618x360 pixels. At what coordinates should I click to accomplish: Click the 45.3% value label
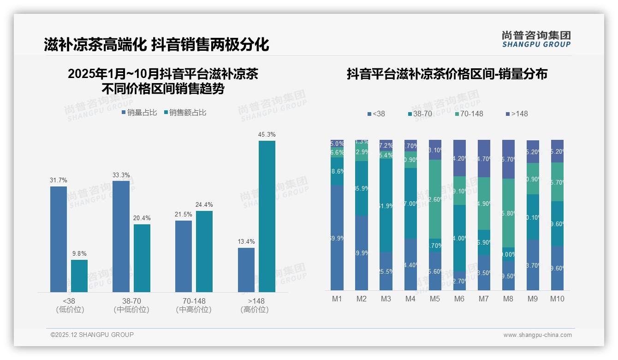click(267, 135)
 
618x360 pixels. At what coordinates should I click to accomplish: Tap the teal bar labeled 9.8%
click(79, 276)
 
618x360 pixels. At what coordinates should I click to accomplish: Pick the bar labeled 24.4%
click(204, 251)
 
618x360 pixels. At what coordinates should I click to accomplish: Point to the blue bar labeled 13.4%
click(246, 270)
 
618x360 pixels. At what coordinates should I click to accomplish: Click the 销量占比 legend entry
click(139, 113)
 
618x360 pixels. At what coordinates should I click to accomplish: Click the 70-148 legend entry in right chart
click(469, 114)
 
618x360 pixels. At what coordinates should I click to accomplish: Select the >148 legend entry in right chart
click(517, 114)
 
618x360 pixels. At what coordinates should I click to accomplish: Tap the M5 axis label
click(434, 299)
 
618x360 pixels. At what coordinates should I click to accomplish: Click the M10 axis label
click(557, 299)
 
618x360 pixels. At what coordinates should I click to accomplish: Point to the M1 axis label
click(337, 299)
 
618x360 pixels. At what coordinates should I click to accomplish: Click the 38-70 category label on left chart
click(131, 301)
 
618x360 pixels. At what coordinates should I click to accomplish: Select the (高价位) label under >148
click(255, 310)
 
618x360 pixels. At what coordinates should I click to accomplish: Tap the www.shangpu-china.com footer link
click(537, 335)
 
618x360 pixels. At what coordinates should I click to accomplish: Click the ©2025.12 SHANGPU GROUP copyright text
click(92, 335)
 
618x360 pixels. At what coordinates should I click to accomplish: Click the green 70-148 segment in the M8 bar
click(508, 213)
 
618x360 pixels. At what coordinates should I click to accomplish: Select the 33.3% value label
click(121, 175)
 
